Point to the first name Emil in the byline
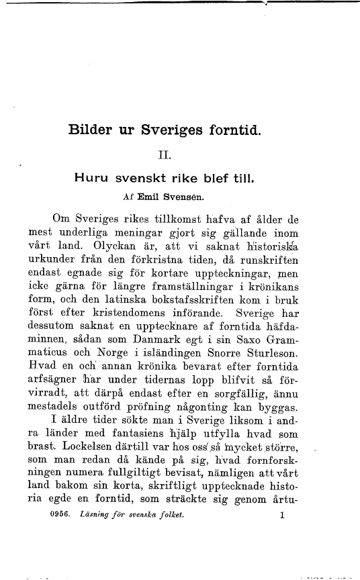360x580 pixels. (x=150, y=198)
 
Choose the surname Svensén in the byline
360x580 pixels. (x=187, y=198)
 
